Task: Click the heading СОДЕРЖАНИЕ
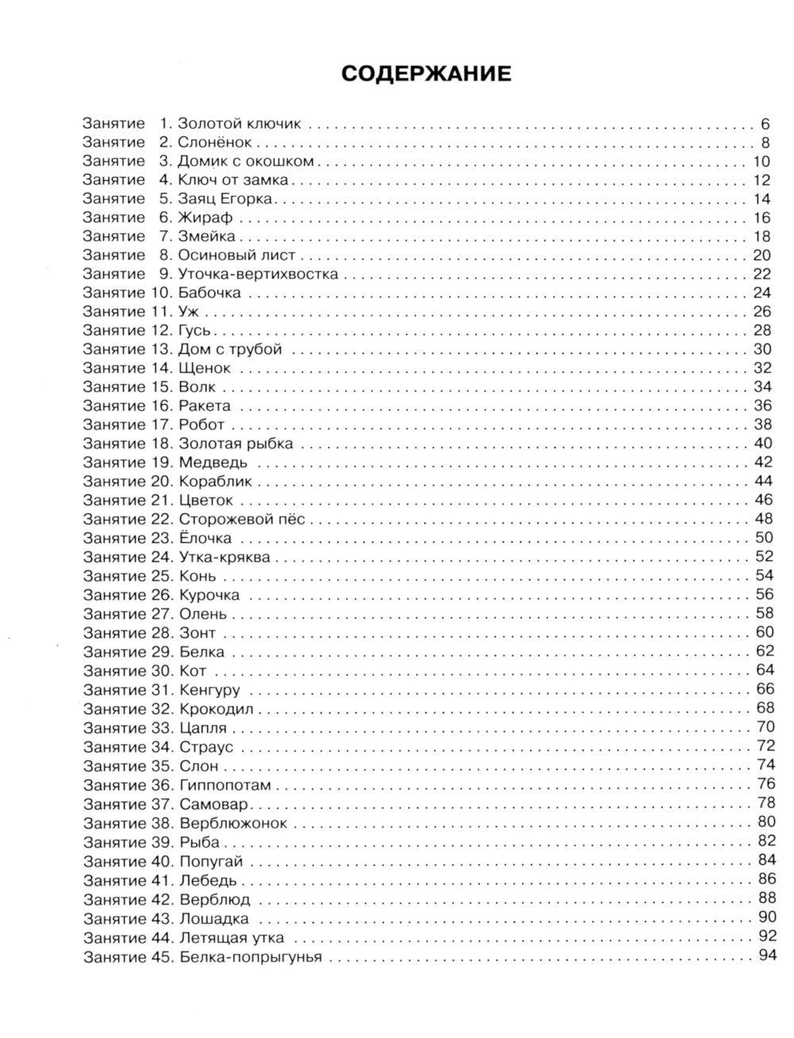(426, 74)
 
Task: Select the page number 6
(765, 124)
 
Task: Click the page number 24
(761, 293)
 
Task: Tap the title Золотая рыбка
(237, 444)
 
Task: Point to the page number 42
(761, 463)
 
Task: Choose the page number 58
(761, 613)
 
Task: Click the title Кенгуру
(210, 690)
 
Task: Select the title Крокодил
(217, 709)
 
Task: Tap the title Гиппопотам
(225, 786)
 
